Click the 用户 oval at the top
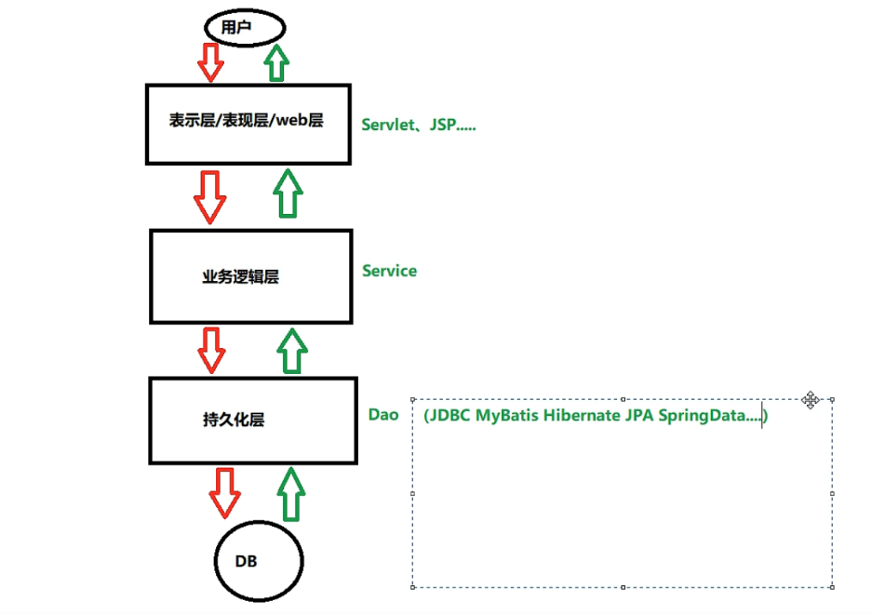point(239,28)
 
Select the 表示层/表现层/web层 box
point(248,123)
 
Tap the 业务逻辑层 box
point(251,276)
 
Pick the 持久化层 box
point(252,420)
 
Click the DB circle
point(258,560)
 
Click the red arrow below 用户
point(211,61)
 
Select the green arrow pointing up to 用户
point(276,63)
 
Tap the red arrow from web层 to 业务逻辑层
point(208,196)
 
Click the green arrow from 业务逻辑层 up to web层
point(288,194)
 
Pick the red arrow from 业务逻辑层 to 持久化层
point(212,348)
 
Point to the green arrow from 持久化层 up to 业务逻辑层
point(292,350)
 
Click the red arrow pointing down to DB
point(224,492)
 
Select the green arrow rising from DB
point(292,494)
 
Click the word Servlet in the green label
point(385,124)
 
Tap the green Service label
point(389,271)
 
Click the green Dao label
point(383,414)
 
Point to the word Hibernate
point(580,415)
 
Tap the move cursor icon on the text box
point(810,400)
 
